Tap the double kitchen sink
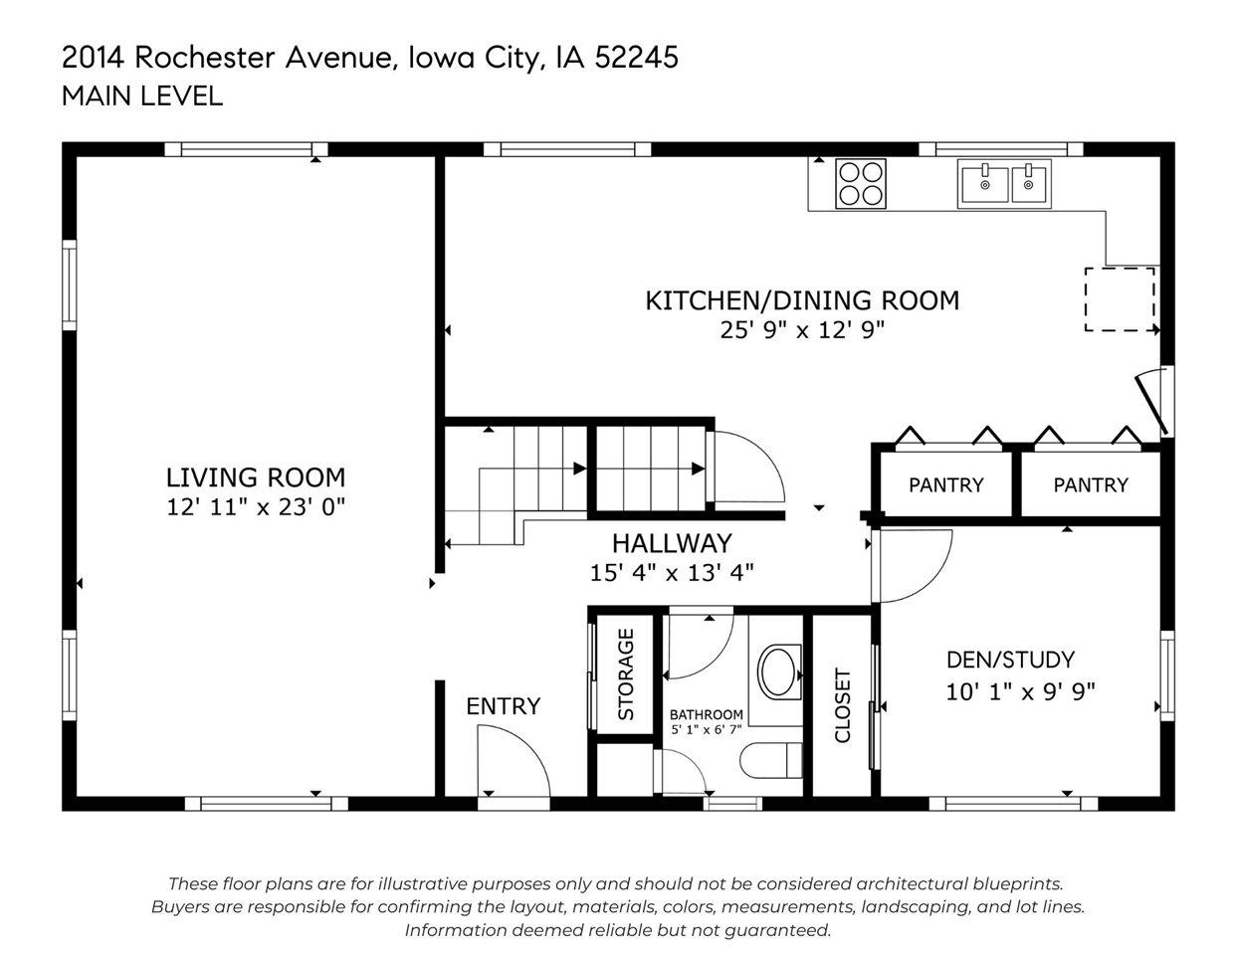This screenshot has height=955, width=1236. [x=1005, y=184]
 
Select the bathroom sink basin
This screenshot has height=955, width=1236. [x=778, y=672]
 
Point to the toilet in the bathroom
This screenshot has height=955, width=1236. [x=771, y=761]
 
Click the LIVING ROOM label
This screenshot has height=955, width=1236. [x=256, y=477]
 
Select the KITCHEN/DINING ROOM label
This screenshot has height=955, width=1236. [x=802, y=299]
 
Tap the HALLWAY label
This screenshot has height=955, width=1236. [x=671, y=543]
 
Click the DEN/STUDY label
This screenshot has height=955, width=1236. [x=1010, y=660]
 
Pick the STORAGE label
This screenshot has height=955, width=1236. [x=626, y=673]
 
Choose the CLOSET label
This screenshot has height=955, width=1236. [x=843, y=705]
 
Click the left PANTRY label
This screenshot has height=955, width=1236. [x=945, y=484]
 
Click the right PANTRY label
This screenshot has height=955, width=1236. [x=1091, y=484]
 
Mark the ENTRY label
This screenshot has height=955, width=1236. [x=504, y=706]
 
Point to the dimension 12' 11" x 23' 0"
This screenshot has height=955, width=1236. [x=256, y=507]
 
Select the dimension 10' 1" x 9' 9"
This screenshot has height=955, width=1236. [x=1020, y=690]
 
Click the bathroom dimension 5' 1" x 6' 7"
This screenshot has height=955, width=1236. [x=706, y=729]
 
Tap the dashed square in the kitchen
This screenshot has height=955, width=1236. [x=1120, y=299]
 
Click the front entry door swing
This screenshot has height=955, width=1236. [x=513, y=761]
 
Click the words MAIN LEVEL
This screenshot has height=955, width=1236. [x=142, y=95]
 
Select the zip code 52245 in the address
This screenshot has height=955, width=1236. [x=636, y=58]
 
